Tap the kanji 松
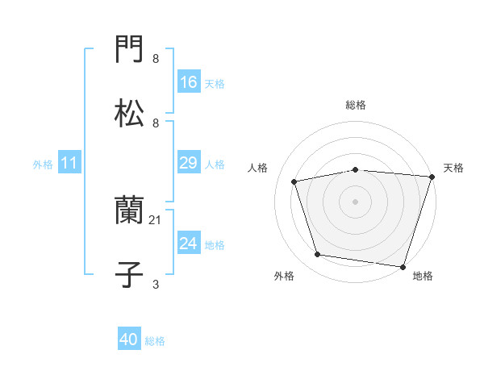point(130,112)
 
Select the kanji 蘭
point(130,212)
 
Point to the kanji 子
point(130,273)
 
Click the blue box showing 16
point(188,82)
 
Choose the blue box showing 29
point(188,163)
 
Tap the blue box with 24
point(188,244)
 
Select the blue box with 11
point(69,164)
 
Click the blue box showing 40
point(129,340)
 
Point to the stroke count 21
point(156,219)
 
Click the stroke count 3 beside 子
point(156,284)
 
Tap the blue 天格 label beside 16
point(215,83)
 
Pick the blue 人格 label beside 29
point(215,164)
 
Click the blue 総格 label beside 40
point(156,341)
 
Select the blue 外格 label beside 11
point(43,165)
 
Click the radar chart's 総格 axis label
point(356,105)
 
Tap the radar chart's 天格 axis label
point(453,168)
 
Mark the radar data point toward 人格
point(294,181)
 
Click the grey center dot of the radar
point(356,201)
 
